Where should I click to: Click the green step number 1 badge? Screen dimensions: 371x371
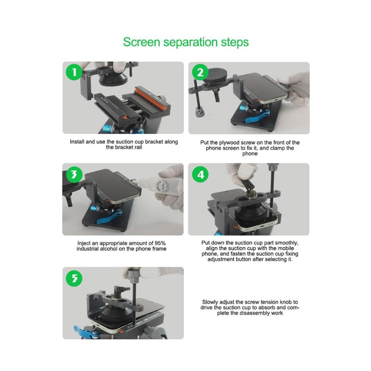coord(74,72)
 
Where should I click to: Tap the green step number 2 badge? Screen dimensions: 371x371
coord(200,72)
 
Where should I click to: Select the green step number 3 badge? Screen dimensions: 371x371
coord(74,175)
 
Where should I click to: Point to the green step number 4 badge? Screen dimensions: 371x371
coord(200,175)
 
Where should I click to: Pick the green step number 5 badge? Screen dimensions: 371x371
coord(74,278)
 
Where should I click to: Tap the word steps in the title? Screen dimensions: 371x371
coord(235,43)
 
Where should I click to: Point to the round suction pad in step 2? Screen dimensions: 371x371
coord(215,76)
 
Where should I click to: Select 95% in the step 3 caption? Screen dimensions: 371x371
coord(160,243)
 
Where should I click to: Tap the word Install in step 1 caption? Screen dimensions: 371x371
coord(77,142)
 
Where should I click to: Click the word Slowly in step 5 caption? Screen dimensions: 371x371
coord(210,302)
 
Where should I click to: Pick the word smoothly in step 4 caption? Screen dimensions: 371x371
coord(287,243)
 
